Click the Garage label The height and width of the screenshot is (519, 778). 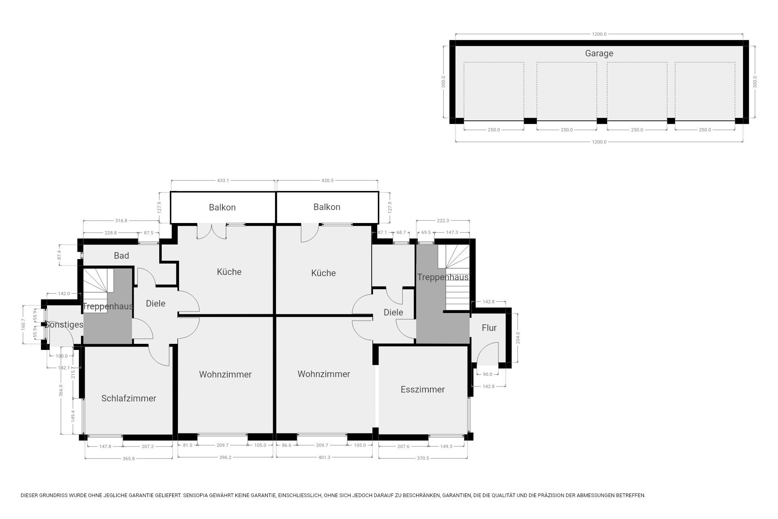599,53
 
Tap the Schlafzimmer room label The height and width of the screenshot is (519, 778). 129,398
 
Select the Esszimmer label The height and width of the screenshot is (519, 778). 423,389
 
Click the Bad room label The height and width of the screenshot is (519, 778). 122,255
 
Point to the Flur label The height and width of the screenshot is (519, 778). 489,328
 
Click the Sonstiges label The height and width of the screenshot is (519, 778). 64,324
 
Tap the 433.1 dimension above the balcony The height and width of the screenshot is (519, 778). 223,180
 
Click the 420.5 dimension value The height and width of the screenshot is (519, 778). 327,180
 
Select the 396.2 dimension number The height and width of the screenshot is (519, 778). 225,457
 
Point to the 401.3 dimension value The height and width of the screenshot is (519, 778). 324,457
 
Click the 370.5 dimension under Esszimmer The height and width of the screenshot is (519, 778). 423,458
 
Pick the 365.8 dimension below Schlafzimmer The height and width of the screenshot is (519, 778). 128,459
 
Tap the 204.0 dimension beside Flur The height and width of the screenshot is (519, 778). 518,338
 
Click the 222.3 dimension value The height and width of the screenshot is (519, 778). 443,221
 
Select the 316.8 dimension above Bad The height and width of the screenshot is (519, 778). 121,221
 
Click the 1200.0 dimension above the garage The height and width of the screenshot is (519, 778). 599,34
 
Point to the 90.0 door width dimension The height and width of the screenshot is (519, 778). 487,374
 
